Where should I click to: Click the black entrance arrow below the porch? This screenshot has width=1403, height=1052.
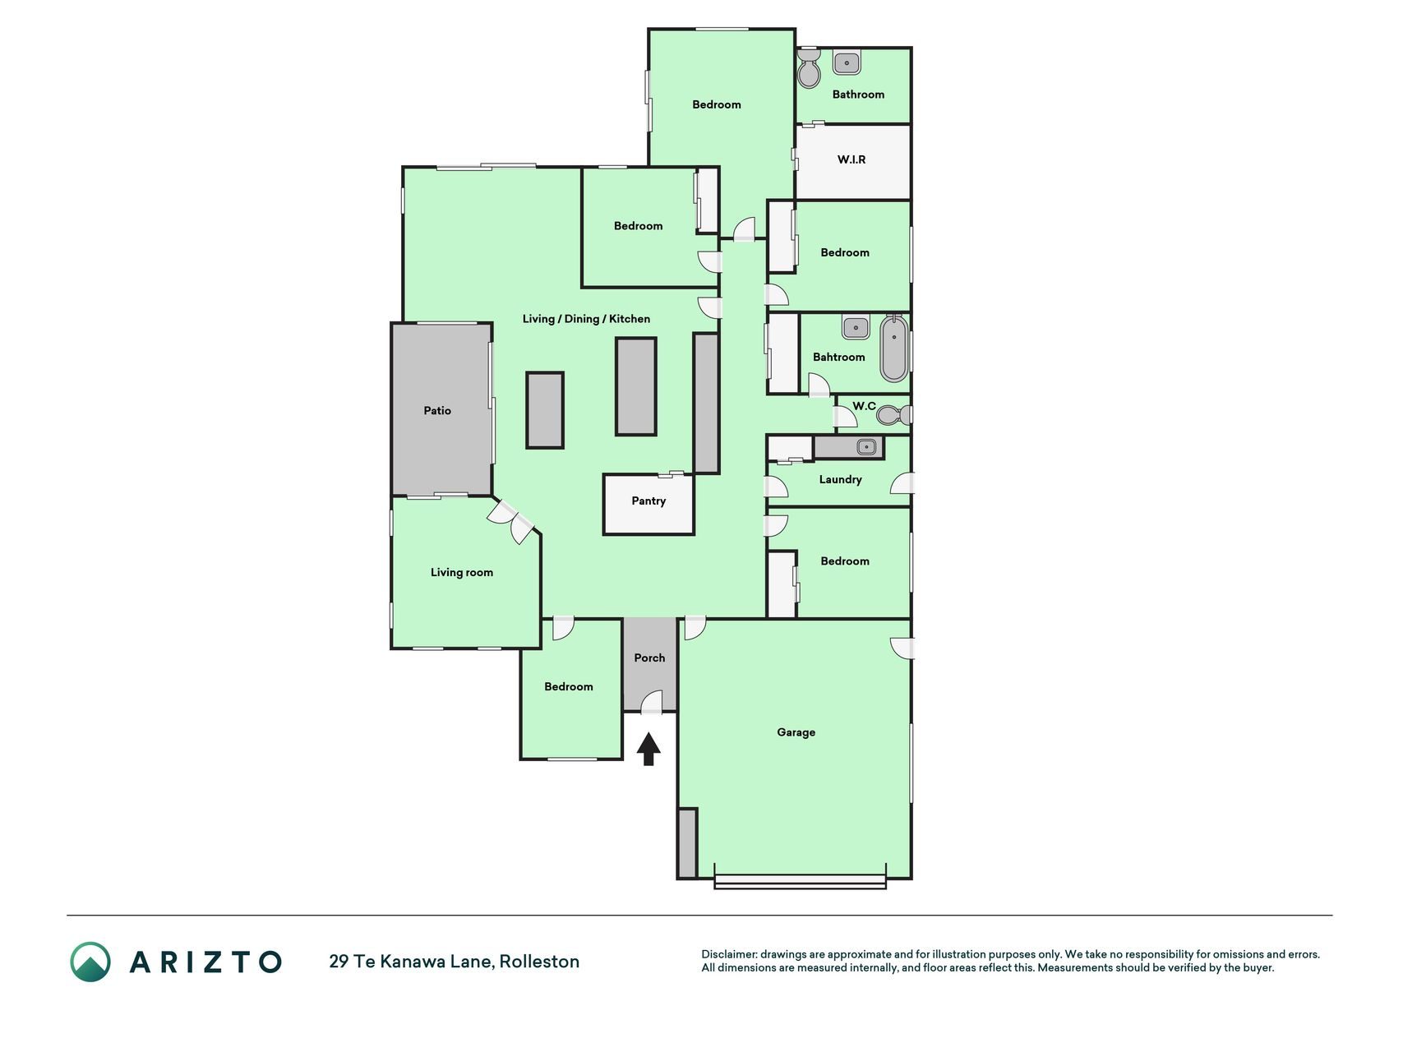(648, 749)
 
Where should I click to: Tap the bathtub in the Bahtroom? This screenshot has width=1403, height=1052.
(894, 348)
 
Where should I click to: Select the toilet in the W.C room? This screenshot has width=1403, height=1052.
(892, 415)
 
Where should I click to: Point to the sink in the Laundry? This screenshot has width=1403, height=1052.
(865, 447)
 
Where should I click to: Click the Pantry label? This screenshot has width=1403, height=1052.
(648, 501)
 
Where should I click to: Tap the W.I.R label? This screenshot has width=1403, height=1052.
(851, 159)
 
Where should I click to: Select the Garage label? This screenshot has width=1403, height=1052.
(796, 732)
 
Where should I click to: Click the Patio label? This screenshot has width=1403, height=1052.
(437, 410)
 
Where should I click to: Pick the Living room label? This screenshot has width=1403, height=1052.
(462, 573)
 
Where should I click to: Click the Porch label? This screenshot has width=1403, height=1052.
(649, 657)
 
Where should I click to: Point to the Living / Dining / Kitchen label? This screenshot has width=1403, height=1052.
(586, 319)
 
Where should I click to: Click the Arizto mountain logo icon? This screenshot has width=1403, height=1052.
(90, 962)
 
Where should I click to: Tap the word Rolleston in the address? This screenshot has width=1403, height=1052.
(540, 961)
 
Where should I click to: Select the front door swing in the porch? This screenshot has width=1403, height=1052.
(652, 701)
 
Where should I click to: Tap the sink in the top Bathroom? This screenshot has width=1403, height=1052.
(847, 62)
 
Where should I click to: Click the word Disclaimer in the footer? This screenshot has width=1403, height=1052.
(728, 954)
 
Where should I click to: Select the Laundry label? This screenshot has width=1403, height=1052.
(840, 479)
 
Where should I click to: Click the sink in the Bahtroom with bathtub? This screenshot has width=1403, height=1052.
(856, 327)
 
